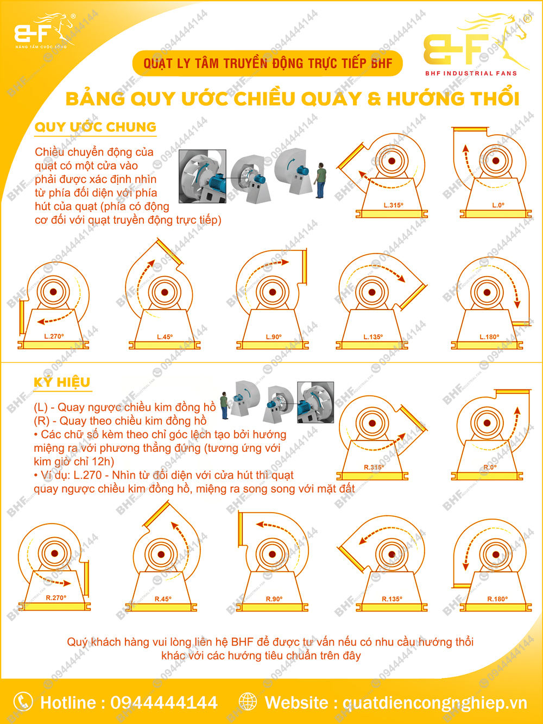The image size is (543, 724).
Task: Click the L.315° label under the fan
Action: [x=393, y=205]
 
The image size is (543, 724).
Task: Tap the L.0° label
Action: [x=498, y=205]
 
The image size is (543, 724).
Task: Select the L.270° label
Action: [x=54, y=337]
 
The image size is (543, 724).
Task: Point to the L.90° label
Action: [x=274, y=337]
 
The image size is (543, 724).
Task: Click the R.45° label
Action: [x=163, y=599]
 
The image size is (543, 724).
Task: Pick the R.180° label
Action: [x=497, y=599]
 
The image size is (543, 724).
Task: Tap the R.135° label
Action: [x=392, y=599]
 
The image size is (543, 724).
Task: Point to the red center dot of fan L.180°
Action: [x=487, y=292]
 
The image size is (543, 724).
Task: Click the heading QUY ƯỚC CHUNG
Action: [x=96, y=127]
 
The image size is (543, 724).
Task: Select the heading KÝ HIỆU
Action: [x=62, y=382]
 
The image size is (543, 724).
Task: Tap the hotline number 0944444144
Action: [x=164, y=703]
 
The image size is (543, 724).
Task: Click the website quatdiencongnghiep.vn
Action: [x=434, y=703]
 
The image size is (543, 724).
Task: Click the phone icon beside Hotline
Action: [x=23, y=702]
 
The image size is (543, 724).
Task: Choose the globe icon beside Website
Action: [x=248, y=702]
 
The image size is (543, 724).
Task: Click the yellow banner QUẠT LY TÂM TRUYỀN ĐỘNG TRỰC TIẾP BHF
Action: [x=268, y=64]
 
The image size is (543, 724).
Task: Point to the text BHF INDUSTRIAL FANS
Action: [x=471, y=73]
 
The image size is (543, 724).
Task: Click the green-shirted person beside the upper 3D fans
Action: [x=321, y=180]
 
